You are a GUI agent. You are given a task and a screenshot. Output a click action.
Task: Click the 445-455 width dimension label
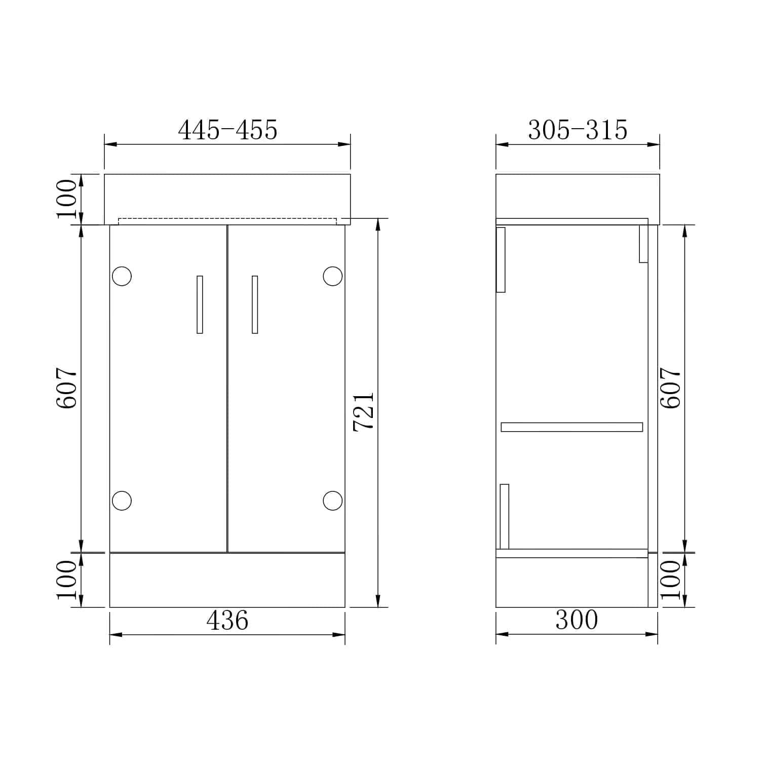pyautogui.click(x=227, y=130)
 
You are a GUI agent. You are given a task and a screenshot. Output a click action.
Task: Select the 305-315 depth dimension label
pyautogui.click(x=578, y=130)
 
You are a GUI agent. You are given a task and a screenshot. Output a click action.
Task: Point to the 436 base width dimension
pyautogui.click(x=227, y=620)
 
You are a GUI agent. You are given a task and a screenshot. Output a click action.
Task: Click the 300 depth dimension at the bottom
pyautogui.click(x=577, y=620)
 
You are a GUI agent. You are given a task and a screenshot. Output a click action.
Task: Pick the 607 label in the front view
pyautogui.click(x=67, y=388)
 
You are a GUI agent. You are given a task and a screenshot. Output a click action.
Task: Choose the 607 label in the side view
pyautogui.click(x=671, y=388)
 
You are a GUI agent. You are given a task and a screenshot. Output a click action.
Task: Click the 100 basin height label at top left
pyautogui.click(x=67, y=199)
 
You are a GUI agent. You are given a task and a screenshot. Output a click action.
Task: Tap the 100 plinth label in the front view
pyautogui.click(x=67, y=580)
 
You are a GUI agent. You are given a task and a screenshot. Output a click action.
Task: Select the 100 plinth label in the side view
pyautogui.click(x=671, y=580)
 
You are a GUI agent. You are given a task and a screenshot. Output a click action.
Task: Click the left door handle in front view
pyautogui.click(x=200, y=304)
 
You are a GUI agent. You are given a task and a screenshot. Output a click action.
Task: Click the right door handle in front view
pyautogui.click(x=255, y=304)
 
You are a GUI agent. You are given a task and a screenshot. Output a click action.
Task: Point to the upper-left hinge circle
pyautogui.click(x=122, y=276)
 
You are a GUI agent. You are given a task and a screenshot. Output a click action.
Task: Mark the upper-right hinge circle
pyautogui.click(x=332, y=276)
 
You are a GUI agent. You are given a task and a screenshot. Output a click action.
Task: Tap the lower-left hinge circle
pyautogui.click(x=122, y=501)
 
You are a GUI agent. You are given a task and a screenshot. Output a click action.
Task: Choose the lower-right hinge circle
pyautogui.click(x=332, y=501)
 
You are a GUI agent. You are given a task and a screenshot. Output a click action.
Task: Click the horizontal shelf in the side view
pyautogui.click(x=571, y=427)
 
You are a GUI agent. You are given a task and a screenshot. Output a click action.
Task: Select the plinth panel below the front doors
pyautogui.click(x=227, y=580)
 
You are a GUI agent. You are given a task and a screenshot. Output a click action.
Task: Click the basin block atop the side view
pyautogui.click(x=578, y=197)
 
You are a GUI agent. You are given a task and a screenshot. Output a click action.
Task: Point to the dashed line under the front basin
pyautogui.click(x=227, y=219)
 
